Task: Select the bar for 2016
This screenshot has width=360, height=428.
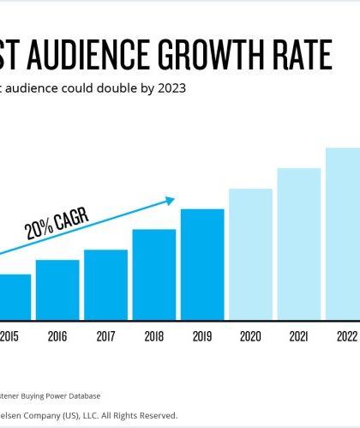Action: [x=57, y=290]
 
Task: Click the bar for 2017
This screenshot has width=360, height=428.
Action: [x=105, y=285]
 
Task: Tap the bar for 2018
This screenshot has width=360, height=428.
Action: [x=154, y=274]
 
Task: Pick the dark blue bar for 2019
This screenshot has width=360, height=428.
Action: [x=202, y=264]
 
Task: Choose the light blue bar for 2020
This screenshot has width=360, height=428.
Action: [x=250, y=254]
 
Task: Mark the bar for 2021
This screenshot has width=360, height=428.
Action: [x=298, y=244]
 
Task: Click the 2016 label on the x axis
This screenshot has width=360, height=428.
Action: [x=57, y=337]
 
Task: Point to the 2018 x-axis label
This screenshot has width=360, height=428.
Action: [x=154, y=337]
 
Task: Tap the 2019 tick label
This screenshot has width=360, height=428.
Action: [x=202, y=337]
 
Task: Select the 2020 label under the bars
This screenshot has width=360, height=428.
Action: [x=250, y=337]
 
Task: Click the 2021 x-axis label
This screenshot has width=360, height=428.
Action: [x=298, y=337]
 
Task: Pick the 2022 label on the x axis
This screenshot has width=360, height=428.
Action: [x=345, y=337]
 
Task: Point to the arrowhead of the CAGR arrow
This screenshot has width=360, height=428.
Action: [x=170, y=201]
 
